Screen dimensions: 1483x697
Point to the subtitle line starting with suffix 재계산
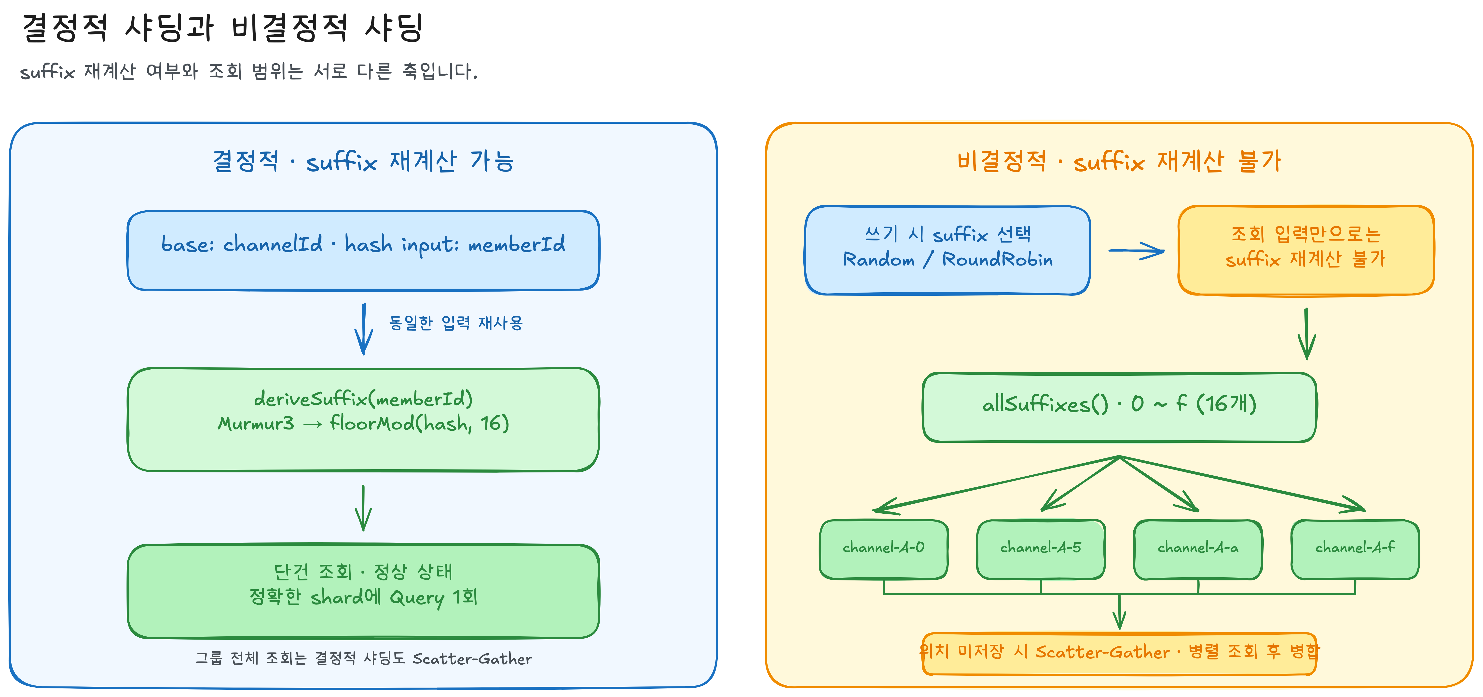tap(249, 71)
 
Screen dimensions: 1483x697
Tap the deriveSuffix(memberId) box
tap(363, 420)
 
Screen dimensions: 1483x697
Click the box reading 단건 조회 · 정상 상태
tap(363, 591)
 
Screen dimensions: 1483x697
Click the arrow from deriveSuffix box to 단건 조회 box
tap(363, 508)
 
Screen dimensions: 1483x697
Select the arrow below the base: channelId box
tap(363, 329)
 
